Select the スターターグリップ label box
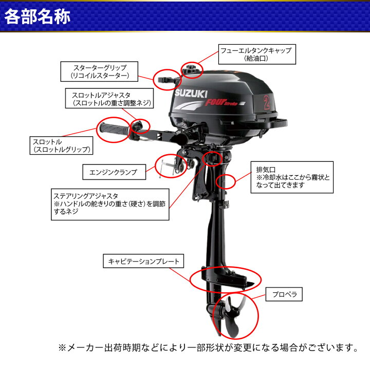point(100,72)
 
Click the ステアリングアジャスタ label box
point(111,203)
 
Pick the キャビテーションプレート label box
point(143,262)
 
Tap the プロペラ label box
point(284,295)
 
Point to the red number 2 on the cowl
point(267,101)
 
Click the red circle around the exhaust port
point(226,181)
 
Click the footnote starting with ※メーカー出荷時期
point(208,348)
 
